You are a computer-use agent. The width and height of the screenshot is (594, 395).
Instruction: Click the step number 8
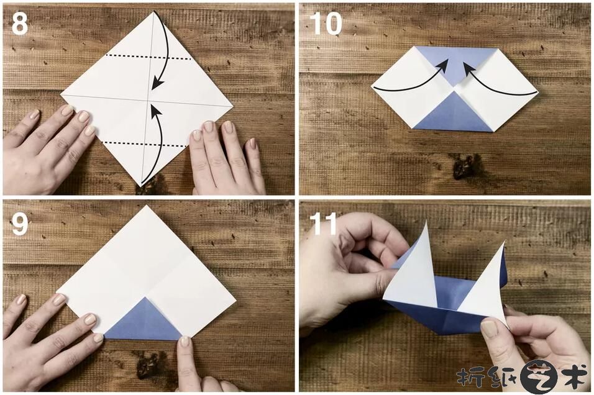pos(20,23)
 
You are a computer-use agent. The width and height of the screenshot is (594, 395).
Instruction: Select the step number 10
pos(326,23)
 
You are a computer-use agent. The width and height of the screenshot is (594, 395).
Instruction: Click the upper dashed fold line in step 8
pos(148,57)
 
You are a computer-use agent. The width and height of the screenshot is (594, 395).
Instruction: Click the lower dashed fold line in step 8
pos(145,144)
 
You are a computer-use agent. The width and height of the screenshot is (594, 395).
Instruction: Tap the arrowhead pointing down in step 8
pos(157,84)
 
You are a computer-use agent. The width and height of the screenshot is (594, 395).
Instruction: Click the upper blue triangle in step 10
pos(455,63)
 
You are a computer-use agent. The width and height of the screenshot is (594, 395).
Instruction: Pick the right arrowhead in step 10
pos(469,68)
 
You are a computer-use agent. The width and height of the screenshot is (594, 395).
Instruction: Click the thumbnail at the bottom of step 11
pos(489,329)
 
